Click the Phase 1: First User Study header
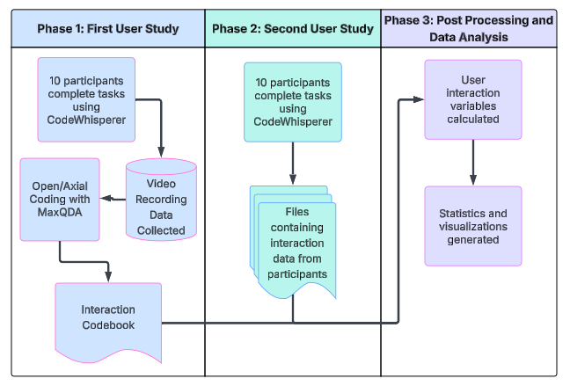108,29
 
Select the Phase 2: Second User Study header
292,29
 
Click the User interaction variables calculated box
473,99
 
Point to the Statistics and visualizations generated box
473,226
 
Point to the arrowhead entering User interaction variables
420,99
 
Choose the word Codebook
108,326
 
